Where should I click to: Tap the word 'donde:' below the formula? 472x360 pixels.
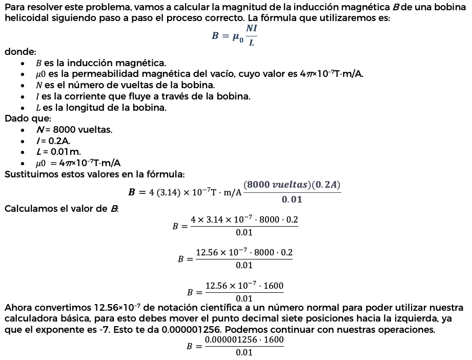20,52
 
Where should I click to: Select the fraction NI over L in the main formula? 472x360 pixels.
251,35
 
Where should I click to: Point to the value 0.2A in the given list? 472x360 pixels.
59,141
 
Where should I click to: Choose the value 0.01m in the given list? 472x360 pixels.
66,152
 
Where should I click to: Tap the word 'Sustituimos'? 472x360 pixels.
29,174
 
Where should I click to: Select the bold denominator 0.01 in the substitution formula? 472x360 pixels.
292,199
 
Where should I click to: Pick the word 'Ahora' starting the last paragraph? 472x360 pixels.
17,308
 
